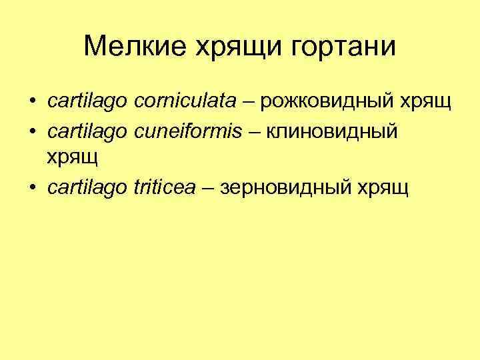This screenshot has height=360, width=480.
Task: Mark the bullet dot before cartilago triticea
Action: tap(32, 189)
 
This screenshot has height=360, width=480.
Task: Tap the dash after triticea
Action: tap(208, 189)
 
